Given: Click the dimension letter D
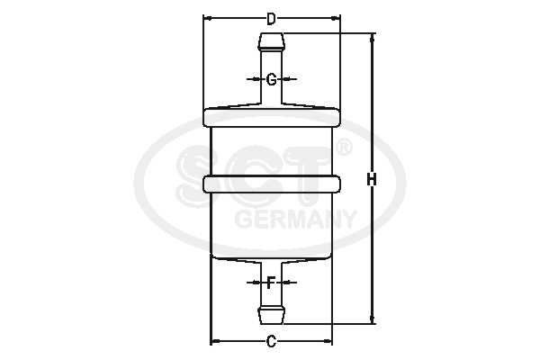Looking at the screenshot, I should click(x=271, y=17).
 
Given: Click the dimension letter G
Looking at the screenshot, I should click(x=271, y=79).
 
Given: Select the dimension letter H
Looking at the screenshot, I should click(x=371, y=180).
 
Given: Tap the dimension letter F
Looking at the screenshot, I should click(x=271, y=282).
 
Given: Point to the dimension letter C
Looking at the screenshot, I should click(x=271, y=341).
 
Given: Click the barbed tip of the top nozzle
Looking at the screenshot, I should click(x=271, y=40).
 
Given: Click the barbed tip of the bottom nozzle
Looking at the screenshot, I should click(x=271, y=316).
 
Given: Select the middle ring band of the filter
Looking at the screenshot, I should click(x=272, y=183).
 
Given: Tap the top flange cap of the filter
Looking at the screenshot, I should click(x=272, y=116).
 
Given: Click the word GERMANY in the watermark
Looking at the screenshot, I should click(x=295, y=218).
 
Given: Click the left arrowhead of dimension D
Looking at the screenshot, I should click(x=207, y=17).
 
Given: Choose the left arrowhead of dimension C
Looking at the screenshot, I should click(x=214, y=341).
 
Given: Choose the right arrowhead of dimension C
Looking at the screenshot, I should click(x=328, y=341).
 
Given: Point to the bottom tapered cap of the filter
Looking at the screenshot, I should click(x=272, y=257).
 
